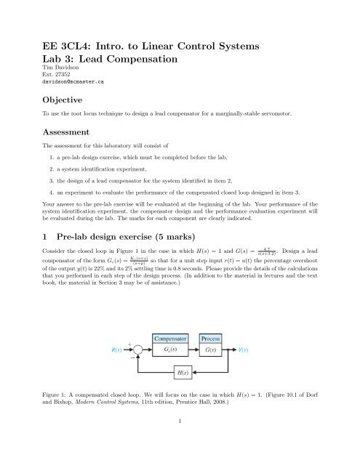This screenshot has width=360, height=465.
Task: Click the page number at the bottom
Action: click(180, 440)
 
